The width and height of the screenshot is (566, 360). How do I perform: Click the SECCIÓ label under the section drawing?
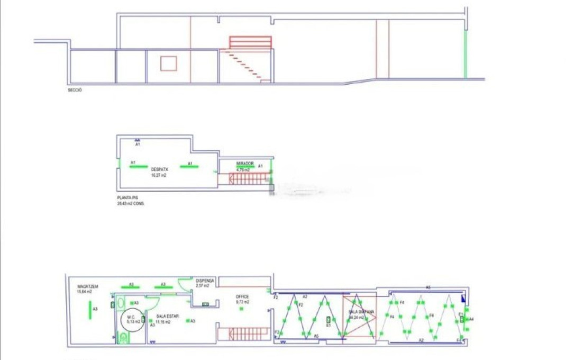[75, 90]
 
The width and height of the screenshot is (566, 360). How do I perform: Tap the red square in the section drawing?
[168, 63]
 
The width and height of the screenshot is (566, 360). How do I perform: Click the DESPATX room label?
[159, 169]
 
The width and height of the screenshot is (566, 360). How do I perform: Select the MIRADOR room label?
[245, 164]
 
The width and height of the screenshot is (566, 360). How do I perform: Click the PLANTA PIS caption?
[127, 197]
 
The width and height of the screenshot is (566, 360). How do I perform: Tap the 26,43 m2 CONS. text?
[131, 203]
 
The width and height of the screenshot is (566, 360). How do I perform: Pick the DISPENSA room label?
[205, 281]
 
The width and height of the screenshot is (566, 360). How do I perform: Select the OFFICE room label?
[242, 296]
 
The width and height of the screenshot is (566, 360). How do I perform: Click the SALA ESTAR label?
[167, 316]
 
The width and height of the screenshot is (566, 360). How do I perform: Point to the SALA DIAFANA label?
[361, 312]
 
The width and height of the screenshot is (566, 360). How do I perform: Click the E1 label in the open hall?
[328, 326]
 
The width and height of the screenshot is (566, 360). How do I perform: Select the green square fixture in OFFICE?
[241, 309]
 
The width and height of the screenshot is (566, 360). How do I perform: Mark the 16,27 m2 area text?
[159, 175]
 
